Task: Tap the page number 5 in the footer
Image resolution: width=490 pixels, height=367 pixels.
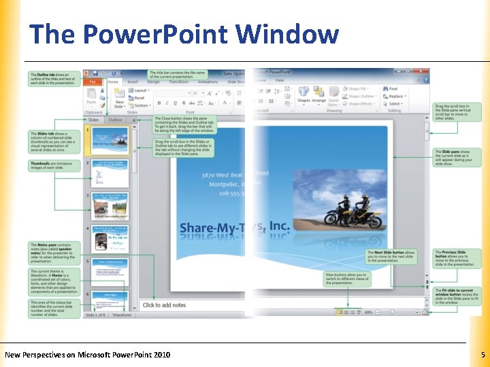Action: tap(482, 355)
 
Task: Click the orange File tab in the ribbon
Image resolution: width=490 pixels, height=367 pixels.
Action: tap(92, 81)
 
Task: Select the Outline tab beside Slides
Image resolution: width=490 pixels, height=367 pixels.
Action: tap(116, 120)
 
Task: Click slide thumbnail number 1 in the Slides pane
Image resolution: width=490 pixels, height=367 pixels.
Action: tap(110, 141)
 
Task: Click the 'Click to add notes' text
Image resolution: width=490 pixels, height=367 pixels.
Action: tap(165, 305)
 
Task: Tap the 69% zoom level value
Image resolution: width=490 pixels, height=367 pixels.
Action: tap(368, 312)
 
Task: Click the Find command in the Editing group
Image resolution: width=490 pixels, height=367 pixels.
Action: tap(393, 89)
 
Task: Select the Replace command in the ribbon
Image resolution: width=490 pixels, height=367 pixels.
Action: tap(395, 97)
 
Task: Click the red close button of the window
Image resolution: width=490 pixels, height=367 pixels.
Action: tap(425, 72)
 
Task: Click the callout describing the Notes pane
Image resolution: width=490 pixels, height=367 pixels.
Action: tap(54, 252)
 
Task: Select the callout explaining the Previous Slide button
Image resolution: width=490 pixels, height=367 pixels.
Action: tap(457, 258)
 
